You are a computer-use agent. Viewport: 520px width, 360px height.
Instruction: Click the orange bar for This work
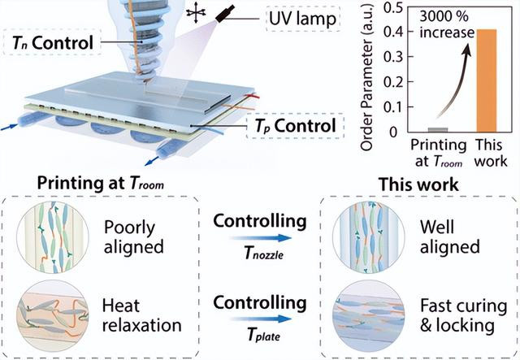click(x=487, y=80)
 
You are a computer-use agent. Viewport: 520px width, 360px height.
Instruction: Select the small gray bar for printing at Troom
click(x=437, y=130)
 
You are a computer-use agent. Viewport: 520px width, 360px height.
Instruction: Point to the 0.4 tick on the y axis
click(x=408, y=32)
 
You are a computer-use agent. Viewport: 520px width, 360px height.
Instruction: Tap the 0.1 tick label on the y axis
click(x=394, y=106)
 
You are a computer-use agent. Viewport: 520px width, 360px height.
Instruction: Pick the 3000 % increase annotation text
click(x=446, y=24)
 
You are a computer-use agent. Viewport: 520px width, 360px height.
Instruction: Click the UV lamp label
click(x=302, y=19)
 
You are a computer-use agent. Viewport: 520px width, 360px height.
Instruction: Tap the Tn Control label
click(x=52, y=43)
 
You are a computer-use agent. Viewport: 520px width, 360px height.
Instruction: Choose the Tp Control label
click(x=295, y=126)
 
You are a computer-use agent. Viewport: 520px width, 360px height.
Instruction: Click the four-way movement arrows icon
click(x=196, y=12)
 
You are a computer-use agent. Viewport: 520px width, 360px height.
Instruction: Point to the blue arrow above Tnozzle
click(x=261, y=238)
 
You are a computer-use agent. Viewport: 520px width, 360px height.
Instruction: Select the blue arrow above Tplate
click(x=261, y=319)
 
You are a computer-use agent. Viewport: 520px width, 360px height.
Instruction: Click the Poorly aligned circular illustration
click(x=53, y=237)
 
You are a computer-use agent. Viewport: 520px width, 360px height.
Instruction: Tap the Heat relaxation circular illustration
click(x=53, y=315)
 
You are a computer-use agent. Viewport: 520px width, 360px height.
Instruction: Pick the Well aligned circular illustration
click(x=368, y=237)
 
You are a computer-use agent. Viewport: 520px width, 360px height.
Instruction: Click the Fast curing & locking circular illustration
click(x=368, y=315)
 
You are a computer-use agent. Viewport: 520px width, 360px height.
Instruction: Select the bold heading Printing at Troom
click(x=101, y=184)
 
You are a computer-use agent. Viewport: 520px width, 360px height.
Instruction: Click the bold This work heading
click(x=419, y=184)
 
